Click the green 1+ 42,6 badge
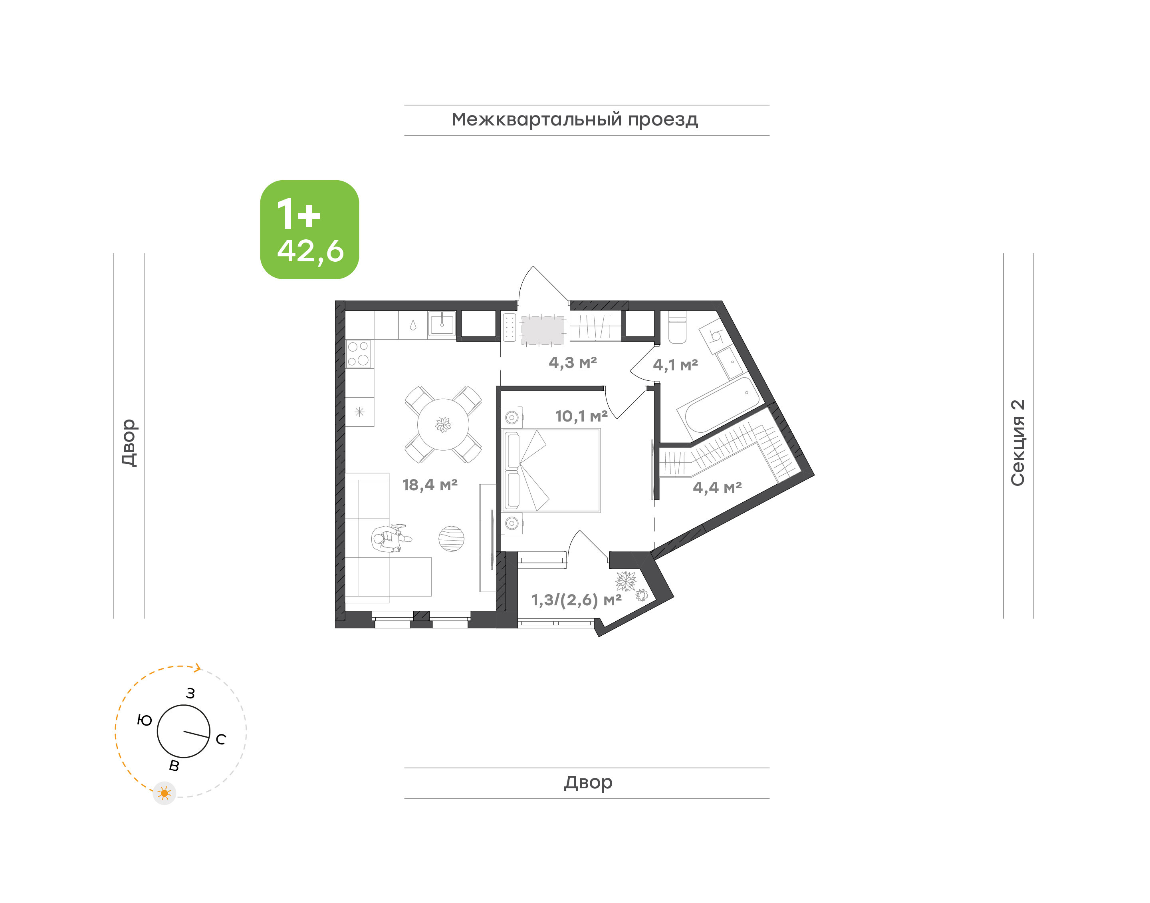click(309, 229)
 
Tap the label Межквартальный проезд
click(574, 120)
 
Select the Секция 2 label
click(1017, 443)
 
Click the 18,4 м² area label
click(430, 485)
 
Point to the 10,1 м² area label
click(581, 416)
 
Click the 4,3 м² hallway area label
click(573, 363)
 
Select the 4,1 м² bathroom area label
click(675, 365)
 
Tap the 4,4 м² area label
click(717, 487)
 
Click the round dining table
click(443, 424)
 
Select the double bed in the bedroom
click(551, 471)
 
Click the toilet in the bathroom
click(677, 327)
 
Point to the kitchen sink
click(442, 324)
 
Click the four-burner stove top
click(358, 354)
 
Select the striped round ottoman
click(451, 539)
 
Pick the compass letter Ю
click(144, 720)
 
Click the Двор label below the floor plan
click(588, 782)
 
